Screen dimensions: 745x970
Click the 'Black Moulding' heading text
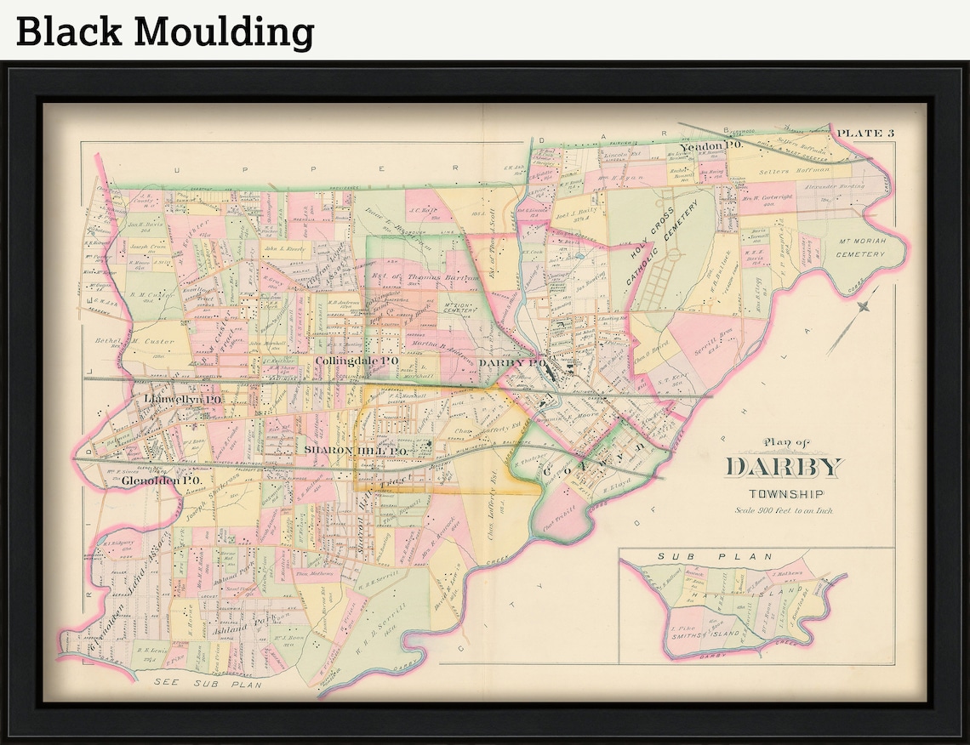click(165, 31)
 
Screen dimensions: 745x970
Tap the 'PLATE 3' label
click(866, 133)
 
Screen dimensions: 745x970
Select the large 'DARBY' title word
click(784, 467)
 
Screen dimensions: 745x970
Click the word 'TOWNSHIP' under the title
click(784, 494)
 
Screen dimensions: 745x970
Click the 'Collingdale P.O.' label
click(357, 361)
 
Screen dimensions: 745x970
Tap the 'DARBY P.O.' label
click(511, 362)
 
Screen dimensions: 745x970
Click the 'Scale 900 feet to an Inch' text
click(784, 510)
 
